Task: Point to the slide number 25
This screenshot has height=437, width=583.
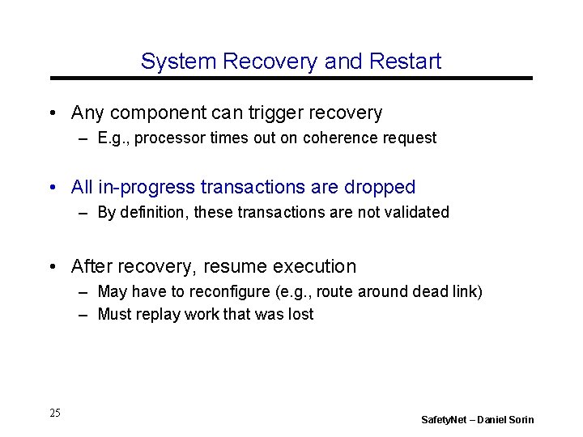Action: coord(54,414)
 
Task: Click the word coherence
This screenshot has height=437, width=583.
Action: coord(340,138)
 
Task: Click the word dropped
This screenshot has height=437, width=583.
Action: coord(381,188)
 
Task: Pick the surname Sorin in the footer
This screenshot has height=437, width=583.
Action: coord(520,420)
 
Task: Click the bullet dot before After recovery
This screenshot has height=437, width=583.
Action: coord(52,266)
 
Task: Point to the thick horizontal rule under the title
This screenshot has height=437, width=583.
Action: coord(291,78)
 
